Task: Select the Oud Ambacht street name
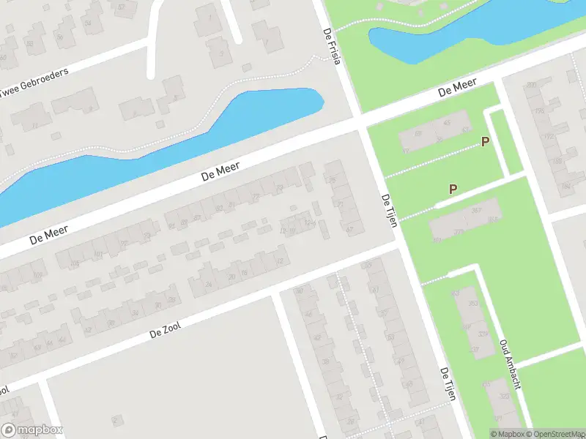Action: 509,363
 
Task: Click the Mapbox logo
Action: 31,430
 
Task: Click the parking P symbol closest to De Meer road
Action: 484,141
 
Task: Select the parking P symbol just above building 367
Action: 453,189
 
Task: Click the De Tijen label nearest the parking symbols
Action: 389,211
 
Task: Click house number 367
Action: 476,211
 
